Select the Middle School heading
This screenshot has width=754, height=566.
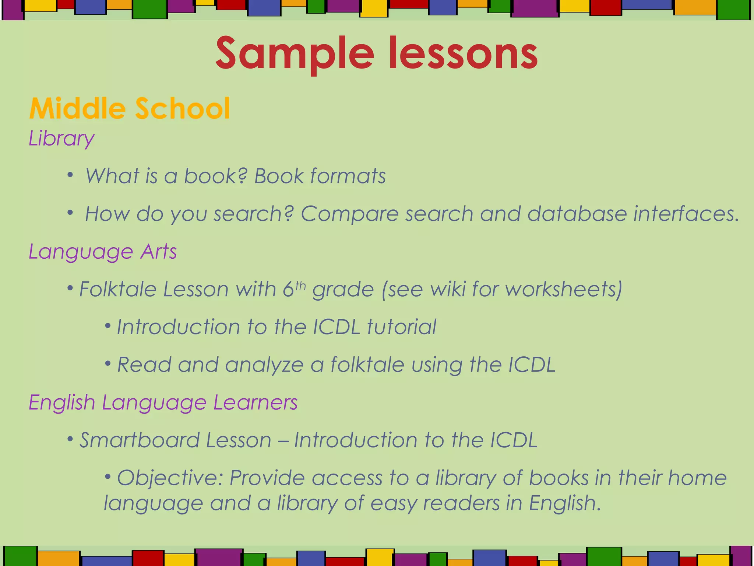[x=130, y=108]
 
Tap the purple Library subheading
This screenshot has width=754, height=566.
[x=61, y=139]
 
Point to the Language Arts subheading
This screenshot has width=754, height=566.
[x=103, y=252]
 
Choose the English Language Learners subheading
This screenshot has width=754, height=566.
[x=163, y=402]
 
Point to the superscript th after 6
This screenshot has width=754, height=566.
[x=300, y=286]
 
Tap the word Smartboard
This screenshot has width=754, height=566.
[x=139, y=440]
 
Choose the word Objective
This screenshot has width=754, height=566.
[x=170, y=478]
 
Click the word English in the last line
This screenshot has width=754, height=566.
[x=564, y=503]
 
